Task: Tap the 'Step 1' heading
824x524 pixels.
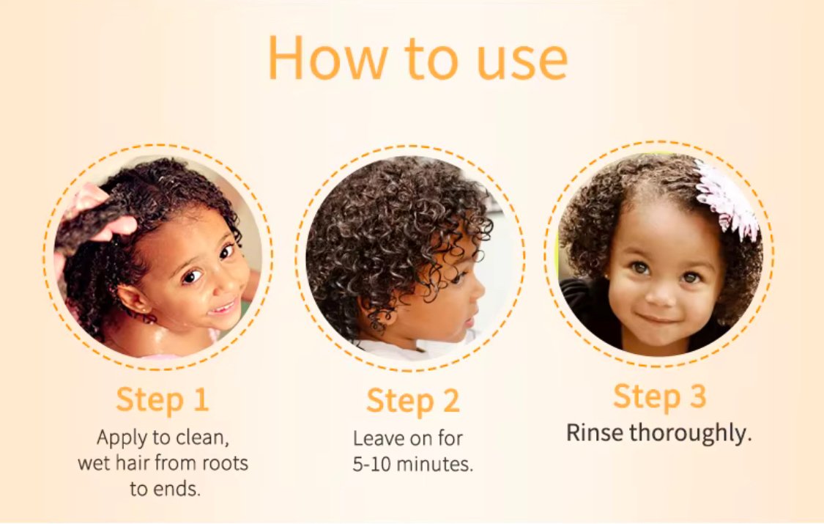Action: click(x=163, y=399)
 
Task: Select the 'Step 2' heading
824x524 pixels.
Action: click(x=413, y=401)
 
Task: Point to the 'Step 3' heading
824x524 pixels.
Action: click(x=659, y=396)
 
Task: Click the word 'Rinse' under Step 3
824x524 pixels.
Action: click(x=594, y=433)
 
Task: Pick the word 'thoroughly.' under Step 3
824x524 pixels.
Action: click(x=691, y=434)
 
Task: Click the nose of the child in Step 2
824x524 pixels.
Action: click(x=478, y=292)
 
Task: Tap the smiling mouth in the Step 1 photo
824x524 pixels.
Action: click(x=223, y=306)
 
